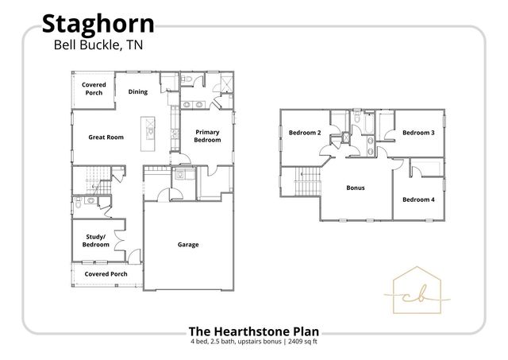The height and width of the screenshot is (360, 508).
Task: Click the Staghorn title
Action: tap(98, 24)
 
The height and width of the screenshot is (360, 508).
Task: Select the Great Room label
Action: tap(106, 137)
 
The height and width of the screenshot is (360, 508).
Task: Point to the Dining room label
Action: tap(138, 92)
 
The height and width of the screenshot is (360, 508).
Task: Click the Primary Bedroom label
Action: tap(207, 136)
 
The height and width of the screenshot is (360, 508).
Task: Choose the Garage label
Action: tap(188, 245)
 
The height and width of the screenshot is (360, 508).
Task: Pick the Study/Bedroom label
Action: tap(96, 241)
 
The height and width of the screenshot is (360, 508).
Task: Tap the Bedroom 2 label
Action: tap(304, 133)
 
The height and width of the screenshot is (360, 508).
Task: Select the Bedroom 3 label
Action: tap(418, 133)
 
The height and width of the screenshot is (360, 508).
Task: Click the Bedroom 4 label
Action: tap(418, 199)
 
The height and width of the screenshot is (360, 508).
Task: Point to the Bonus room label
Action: tap(355, 188)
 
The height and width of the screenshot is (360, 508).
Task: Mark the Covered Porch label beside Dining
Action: tap(94, 89)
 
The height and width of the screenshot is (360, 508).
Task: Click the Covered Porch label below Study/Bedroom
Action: tap(106, 274)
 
